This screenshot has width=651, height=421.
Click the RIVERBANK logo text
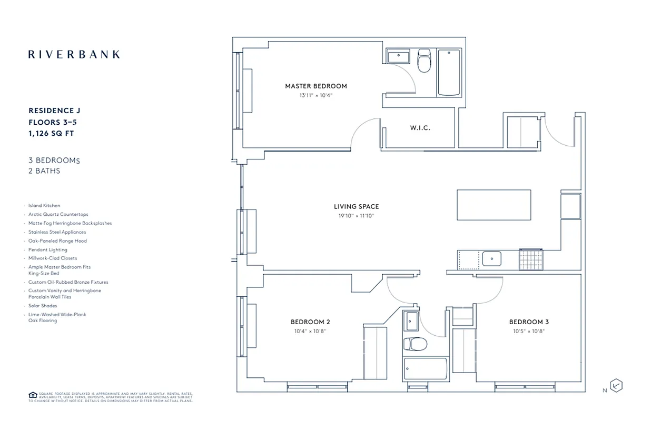click(x=74, y=54)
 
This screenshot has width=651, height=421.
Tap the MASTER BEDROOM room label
click(x=316, y=86)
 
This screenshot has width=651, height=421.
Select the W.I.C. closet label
click(x=420, y=128)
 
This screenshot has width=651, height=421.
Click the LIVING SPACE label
click(x=356, y=207)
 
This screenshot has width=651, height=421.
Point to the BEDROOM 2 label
click(x=310, y=322)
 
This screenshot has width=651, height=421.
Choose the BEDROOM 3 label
click(x=529, y=322)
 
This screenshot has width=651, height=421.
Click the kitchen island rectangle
click(x=494, y=205)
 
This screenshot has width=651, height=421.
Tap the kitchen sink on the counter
click(x=492, y=258)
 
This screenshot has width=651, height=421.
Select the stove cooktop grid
click(x=530, y=258)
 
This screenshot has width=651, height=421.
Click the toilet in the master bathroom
click(x=423, y=61)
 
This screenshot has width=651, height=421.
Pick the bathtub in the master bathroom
click(x=449, y=73)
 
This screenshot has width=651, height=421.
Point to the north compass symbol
click(x=616, y=386)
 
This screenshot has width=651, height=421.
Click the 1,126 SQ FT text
click(x=51, y=134)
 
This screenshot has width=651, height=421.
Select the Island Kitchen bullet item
click(x=44, y=206)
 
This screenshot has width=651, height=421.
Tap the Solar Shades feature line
click(x=43, y=306)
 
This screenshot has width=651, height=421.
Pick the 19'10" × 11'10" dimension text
click(x=356, y=216)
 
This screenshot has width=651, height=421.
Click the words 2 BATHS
click(x=44, y=171)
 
